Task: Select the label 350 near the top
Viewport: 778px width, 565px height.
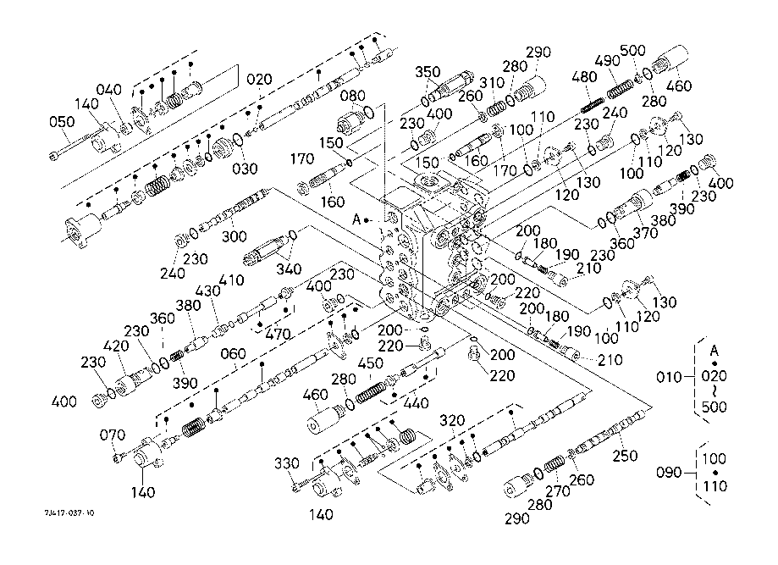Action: point(428,71)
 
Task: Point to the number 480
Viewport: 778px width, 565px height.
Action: point(585,75)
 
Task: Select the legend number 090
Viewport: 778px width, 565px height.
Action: point(673,473)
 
